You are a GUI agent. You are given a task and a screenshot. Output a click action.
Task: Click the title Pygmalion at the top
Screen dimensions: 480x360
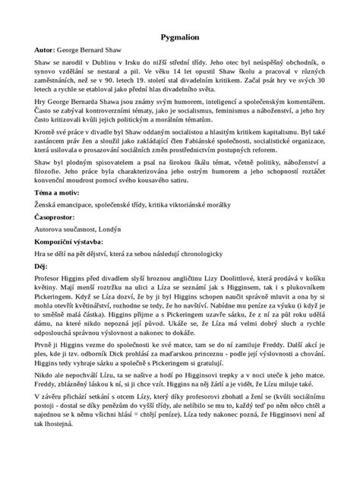coord(180,35)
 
